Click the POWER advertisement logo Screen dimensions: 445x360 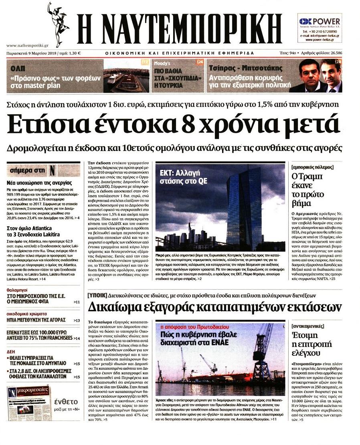tap(320, 21)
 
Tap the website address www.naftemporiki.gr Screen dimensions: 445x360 tap(27, 46)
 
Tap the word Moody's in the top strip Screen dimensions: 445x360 tap(162, 63)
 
